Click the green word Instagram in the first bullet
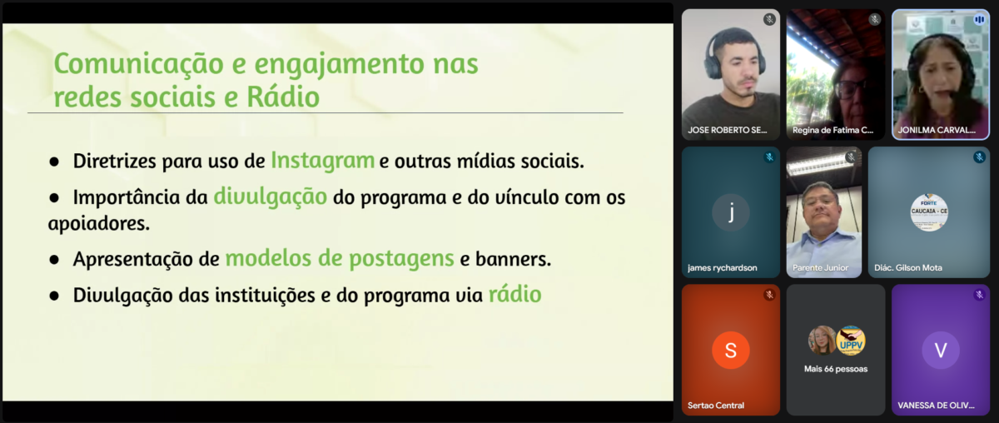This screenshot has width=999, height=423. click(322, 161)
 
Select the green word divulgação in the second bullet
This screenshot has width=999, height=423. click(271, 197)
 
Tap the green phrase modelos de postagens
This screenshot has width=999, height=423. click(340, 259)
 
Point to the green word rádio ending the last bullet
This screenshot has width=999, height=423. click(515, 295)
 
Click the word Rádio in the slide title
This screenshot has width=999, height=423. click(283, 97)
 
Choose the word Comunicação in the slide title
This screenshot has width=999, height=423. click(139, 65)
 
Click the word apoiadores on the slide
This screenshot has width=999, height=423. click(98, 223)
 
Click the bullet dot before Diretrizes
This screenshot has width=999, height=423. click(54, 162)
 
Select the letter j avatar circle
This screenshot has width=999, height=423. click(731, 212)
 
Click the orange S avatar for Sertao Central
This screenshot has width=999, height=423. click(731, 351)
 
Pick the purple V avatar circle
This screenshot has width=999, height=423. click(941, 351)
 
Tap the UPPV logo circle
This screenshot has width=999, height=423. click(851, 341)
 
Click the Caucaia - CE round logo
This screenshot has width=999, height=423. click(929, 212)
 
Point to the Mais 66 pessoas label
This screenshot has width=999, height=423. click(836, 369)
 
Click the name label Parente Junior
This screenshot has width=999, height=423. click(820, 268)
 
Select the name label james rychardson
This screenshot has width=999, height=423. click(722, 268)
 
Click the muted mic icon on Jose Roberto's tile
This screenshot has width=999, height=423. click(769, 19)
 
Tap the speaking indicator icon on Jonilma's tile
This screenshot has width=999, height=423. click(979, 20)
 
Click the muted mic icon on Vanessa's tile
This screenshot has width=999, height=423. click(979, 295)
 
